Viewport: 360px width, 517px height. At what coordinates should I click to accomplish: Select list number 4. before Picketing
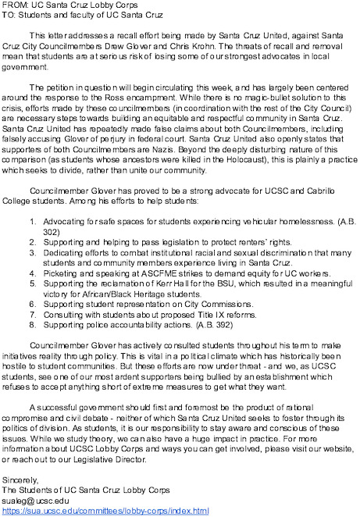click(x=33, y=273)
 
